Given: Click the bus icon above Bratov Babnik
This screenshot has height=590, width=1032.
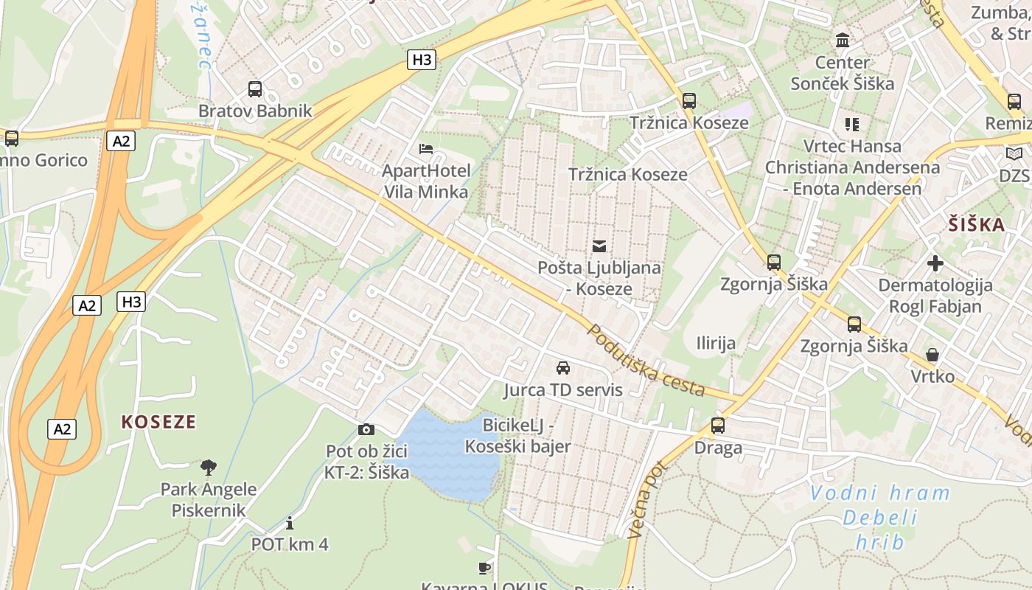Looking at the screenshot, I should (x=255, y=89).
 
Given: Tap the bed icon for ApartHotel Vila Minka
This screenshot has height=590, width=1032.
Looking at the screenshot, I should (x=426, y=149).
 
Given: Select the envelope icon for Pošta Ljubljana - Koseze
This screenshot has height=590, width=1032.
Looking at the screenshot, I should (x=599, y=246).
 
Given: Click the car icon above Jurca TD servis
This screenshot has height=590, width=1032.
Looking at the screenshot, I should (x=563, y=367).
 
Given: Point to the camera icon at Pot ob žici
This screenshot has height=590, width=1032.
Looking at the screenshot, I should (x=366, y=429).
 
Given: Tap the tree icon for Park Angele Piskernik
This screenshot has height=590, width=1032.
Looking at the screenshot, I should (x=209, y=467).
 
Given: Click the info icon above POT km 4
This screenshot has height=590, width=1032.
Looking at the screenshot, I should (x=290, y=523).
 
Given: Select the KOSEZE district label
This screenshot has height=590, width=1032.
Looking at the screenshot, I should (x=159, y=422).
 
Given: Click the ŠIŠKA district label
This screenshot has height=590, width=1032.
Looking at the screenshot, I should (x=977, y=225).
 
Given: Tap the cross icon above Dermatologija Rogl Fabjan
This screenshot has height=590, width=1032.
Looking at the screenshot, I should (x=935, y=263).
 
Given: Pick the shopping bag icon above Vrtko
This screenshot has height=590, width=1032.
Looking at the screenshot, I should (x=932, y=355).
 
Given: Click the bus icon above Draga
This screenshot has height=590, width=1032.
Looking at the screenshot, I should (x=718, y=426).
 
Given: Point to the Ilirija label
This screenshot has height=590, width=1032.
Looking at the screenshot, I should (x=716, y=343).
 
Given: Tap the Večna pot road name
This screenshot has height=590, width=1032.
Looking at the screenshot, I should (x=646, y=499).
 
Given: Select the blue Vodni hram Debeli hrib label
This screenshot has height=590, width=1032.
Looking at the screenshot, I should (x=880, y=518).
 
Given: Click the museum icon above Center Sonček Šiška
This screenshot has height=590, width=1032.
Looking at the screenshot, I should (x=842, y=40).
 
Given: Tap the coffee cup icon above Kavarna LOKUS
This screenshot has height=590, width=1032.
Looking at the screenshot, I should (x=484, y=567).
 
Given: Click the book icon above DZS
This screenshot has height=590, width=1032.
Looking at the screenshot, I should (x=1015, y=153).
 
